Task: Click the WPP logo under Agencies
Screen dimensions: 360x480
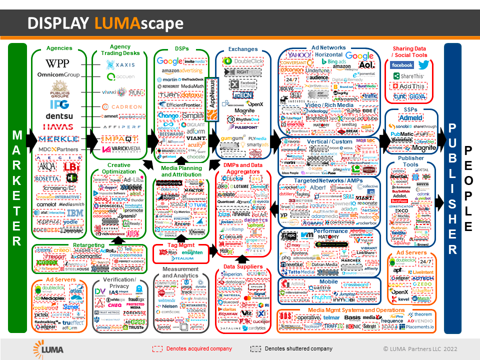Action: [x=57, y=63]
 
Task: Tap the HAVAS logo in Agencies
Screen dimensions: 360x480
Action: [x=58, y=127]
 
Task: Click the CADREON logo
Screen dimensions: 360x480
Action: [x=122, y=106]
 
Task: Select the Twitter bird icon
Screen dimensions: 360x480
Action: [x=423, y=65]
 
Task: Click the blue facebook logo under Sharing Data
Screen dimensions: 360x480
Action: [x=402, y=65]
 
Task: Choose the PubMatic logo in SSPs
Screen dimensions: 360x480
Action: [x=402, y=134]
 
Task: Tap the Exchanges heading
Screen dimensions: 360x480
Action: [x=242, y=49]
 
